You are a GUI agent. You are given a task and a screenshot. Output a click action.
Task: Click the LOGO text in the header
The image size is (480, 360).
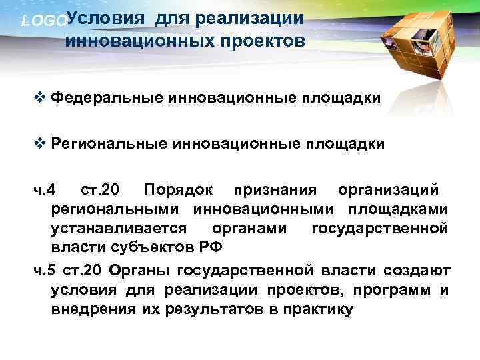click(43, 21)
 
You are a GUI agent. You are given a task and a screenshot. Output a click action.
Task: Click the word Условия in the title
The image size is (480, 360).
click(107, 19)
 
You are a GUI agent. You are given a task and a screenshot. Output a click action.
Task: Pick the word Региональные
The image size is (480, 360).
click(111, 143)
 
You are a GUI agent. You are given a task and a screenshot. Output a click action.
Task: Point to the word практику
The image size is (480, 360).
click(314, 310)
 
